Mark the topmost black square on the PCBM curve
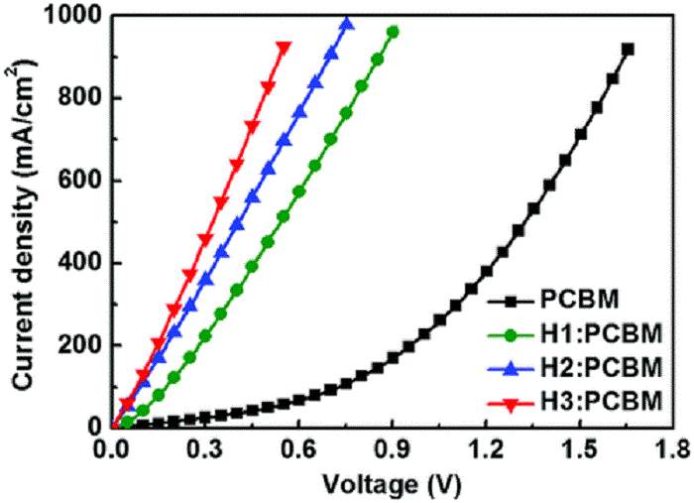tap(628, 49)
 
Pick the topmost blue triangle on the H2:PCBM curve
tap(346, 23)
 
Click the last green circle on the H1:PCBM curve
tap(393, 32)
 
